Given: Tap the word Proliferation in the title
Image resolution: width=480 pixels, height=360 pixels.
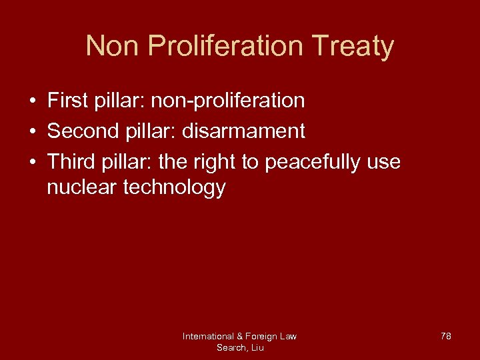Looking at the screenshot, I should coord(223,47).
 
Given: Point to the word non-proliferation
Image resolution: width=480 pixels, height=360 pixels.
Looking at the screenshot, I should coord(228,101).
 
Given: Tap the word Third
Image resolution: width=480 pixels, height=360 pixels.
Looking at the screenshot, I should coord(72,161).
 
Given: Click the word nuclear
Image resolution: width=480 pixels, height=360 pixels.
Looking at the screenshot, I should coord(82,188).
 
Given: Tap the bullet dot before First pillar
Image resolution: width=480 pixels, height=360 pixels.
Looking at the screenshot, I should coord(31,101).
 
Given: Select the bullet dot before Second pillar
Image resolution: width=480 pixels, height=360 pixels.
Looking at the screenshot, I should coord(31,131).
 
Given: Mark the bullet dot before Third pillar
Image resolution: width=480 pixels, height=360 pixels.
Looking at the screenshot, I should coord(31,162).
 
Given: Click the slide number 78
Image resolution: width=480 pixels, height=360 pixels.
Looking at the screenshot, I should coord(445,336).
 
